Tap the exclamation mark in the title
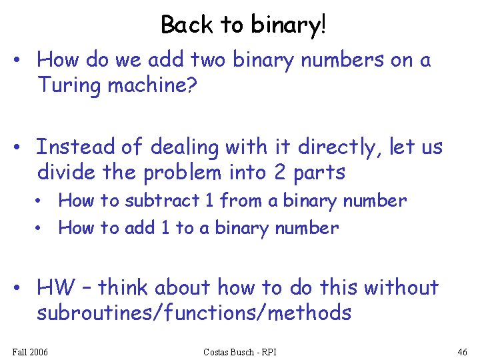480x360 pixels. (x=324, y=25)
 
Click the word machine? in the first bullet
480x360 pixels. (x=153, y=85)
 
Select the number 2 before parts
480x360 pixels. (x=281, y=172)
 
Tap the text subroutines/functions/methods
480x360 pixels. (x=194, y=313)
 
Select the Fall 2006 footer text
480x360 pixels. (x=30, y=351)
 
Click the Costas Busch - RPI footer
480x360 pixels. (x=240, y=351)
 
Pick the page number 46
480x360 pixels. (x=462, y=351)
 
